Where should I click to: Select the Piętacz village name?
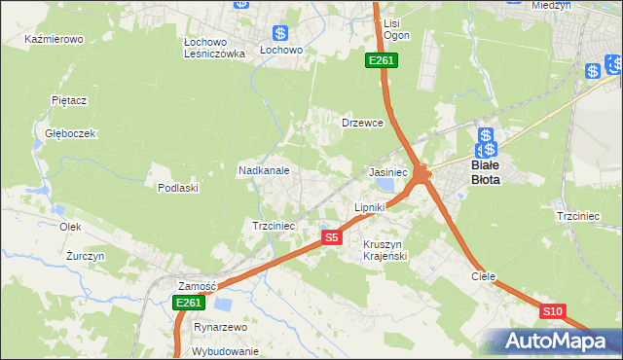pos(70,99)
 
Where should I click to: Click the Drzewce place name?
pos(362,124)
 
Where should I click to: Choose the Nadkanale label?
pos(264,170)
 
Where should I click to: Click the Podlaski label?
pos(178,188)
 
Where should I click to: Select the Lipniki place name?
pos(370,207)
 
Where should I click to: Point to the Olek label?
pos(69,226)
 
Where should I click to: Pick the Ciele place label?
pos(484,276)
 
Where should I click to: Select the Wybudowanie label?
pos(226,351)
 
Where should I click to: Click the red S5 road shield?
pos(331,237)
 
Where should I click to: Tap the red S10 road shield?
pos(552,311)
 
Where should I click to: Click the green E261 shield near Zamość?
pos(188,304)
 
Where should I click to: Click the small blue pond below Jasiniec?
pos(386,183)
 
